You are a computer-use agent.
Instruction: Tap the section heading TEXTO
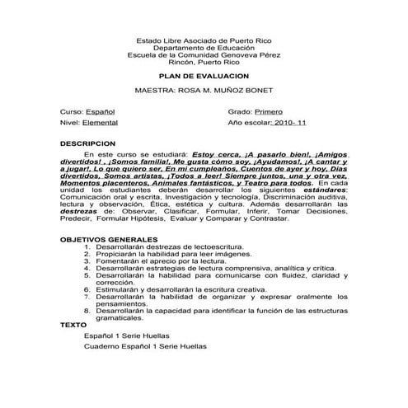pyautogui.click(x=73, y=325)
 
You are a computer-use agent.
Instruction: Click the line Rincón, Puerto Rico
pyautogui.click(x=204, y=62)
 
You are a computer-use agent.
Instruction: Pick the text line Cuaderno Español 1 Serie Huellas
pyautogui.click(x=146, y=347)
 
